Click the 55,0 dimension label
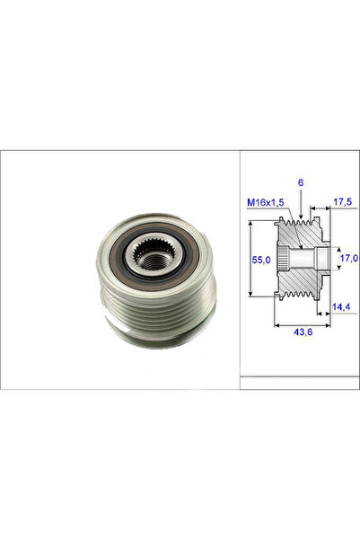click(x=261, y=260)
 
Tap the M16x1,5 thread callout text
click(x=266, y=202)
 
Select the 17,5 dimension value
click(x=342, y=202)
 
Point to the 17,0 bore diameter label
click(x=348, y=257)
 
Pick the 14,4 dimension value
click(x=341, y=306)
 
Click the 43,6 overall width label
click(x=303, y=332)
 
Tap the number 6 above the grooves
click(x=301, y=182)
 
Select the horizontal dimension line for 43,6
click(x=303, y=324)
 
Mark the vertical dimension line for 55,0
click(x=250, y=258)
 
